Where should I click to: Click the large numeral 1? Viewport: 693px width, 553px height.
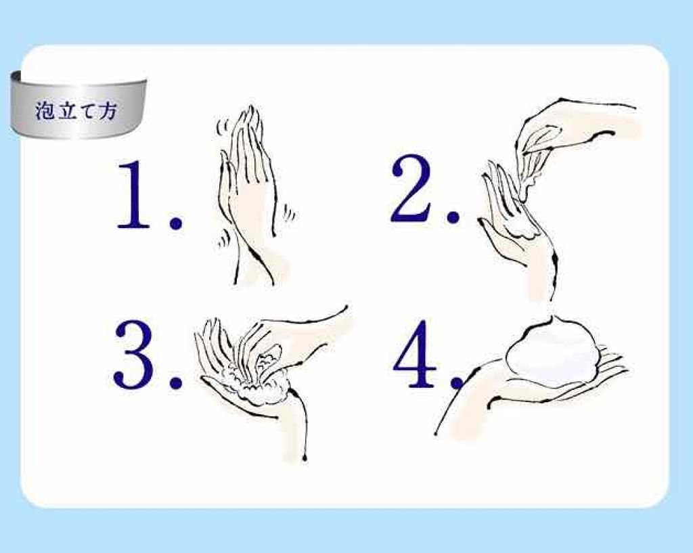[x=133, y=195]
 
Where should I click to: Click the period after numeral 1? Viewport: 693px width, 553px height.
[x=175, y=222]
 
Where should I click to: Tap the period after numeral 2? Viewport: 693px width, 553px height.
[x=453, y=215]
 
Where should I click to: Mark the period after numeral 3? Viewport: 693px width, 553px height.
[x=175, y=382]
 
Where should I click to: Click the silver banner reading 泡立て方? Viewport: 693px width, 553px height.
[x=79, y=105]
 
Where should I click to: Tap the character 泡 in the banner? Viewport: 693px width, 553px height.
[x=45, y=110]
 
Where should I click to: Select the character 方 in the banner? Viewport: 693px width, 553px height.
[x=108, y=111]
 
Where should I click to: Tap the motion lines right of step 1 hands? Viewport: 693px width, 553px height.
[x=289, y=213]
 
